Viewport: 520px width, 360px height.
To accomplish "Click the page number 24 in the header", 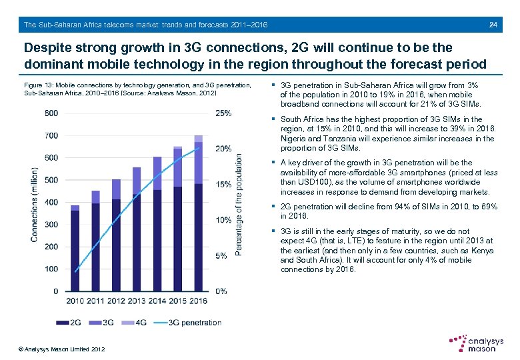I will [x=493, y=25].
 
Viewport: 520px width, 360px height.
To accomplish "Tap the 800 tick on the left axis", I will [x=51, y=113].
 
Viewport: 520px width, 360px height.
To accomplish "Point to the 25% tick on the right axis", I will [x=223, y=113].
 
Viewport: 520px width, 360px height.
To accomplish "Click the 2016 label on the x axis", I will [x=198, y=301].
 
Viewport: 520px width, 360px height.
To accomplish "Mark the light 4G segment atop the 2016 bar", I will [x=198, y=139].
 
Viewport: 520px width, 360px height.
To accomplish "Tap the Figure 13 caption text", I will [x=137, y=89].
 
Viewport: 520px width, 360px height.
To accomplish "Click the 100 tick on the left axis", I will [x=51, y=269].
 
